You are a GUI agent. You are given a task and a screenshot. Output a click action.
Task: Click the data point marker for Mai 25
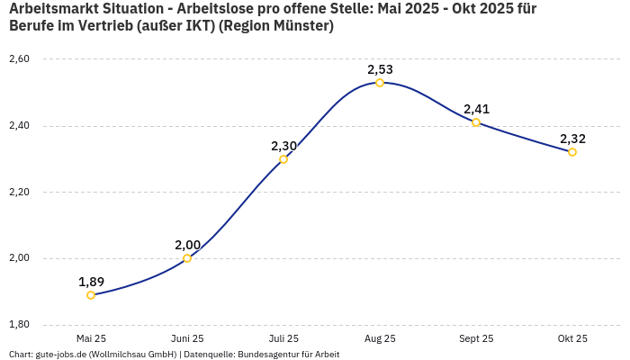pos(91,295)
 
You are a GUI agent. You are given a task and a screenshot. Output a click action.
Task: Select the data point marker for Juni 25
pos(187,258)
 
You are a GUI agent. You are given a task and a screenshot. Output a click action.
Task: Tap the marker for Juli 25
pos(283,159)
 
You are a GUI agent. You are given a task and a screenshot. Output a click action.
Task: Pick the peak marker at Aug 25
pos(380,83)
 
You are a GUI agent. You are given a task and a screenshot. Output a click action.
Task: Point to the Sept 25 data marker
pos(476,122)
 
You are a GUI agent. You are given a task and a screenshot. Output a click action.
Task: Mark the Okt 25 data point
pos(572,152)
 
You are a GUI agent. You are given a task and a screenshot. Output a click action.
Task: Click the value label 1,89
pos(91,282)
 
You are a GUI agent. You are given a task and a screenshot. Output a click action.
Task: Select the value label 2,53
pos(380,69)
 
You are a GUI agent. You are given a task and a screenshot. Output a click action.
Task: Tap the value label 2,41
pos(476,109)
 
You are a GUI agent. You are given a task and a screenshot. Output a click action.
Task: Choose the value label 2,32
pos(572,139)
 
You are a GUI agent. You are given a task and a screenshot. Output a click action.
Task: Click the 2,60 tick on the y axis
pos(19,59)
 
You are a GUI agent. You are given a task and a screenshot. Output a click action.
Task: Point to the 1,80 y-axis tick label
pos(19,325)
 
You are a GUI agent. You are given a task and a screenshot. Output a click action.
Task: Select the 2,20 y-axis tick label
pos(19,193)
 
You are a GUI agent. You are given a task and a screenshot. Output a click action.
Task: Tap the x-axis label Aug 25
pos(380,338)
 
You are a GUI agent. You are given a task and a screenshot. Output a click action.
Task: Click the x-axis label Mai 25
pos(91,338)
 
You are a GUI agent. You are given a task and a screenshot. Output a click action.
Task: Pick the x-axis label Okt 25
pos(572,338)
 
